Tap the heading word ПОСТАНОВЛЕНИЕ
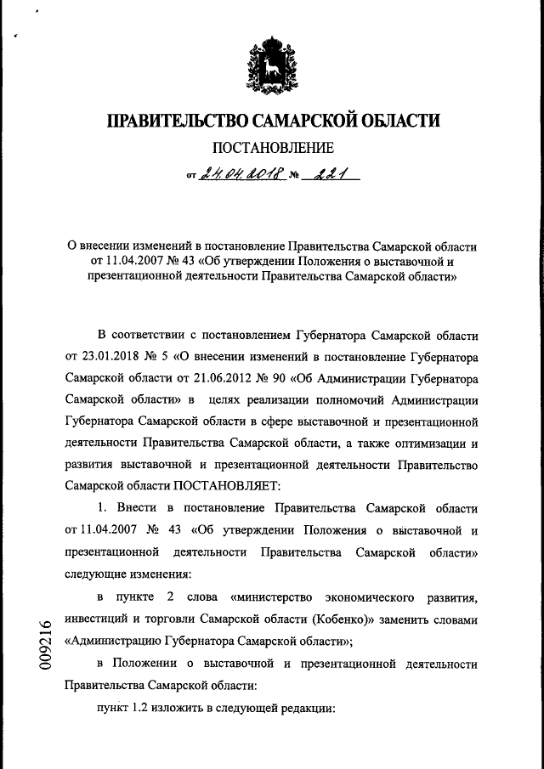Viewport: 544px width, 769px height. [x=272, y=150]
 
